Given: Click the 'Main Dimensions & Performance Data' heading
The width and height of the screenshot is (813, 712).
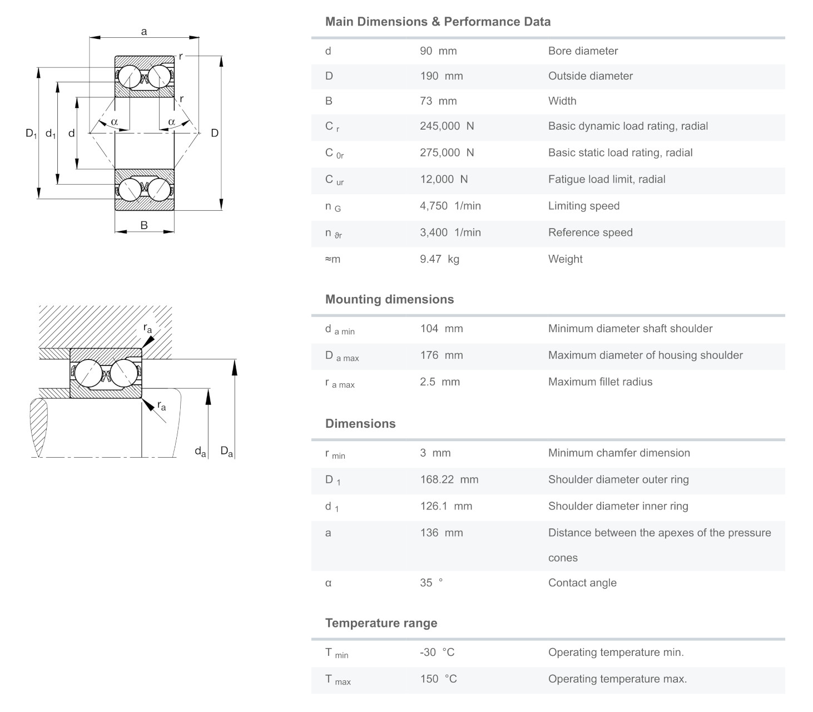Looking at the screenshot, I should click(x=438, y=22).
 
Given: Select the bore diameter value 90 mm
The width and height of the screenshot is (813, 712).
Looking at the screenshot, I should click(x=438, y=51).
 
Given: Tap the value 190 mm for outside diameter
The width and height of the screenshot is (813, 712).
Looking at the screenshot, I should click(x=441, y=76).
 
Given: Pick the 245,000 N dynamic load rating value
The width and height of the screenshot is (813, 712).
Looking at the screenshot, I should click(x=447, y=126).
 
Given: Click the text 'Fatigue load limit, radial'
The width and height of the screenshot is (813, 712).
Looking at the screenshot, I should click(x=606, y=180).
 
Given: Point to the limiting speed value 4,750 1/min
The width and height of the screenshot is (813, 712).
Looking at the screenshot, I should click(x=450, y=206).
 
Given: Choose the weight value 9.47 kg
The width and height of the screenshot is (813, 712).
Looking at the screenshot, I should click(x=439, y=259).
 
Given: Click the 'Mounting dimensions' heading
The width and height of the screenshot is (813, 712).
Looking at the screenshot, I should click(x=389, y=299).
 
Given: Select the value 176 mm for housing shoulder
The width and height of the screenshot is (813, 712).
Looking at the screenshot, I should click(x=441, y=355).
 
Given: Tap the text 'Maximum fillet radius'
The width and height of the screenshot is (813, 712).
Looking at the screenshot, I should click(x=600, y=382).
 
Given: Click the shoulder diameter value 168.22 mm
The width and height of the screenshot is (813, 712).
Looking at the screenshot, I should click(x=449, y=479).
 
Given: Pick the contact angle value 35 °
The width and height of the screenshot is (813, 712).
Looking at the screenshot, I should click(x=431, y=583).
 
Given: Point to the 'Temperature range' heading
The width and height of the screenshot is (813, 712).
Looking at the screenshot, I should click(x=381, y=623).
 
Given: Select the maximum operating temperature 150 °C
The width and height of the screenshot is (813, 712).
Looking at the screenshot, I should click(x=438, y=679).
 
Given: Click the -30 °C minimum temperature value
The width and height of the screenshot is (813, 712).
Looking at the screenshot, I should click(x=437, y=652).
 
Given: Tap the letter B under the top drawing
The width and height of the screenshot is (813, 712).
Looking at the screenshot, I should click(x=144, y=225).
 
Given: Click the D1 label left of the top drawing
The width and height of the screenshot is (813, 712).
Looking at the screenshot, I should click(x=31, y=133).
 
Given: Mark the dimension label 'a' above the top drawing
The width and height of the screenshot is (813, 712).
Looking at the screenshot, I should click(x=144, y=32).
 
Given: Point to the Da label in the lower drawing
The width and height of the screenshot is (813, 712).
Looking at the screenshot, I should click(x=226, y=451).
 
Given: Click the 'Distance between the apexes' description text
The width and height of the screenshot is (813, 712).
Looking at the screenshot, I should click(x=660, y=533).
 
